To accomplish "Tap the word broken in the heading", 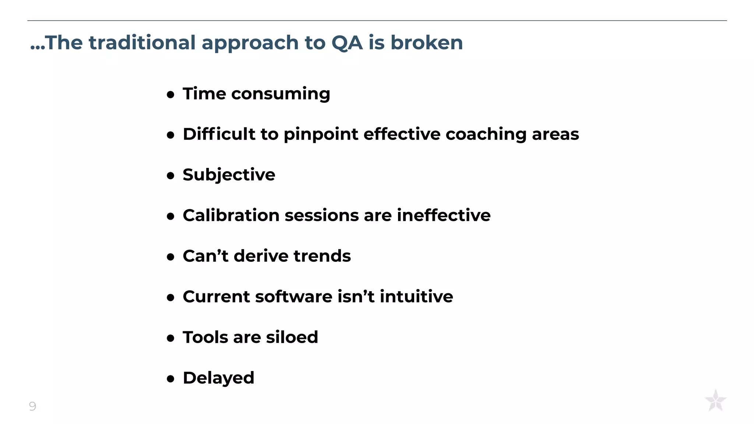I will pyautogui.click(x=426, y=43).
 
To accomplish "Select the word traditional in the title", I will pyautogui.click(x=142, y=43).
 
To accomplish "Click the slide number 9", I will pyautogui.click(x=32, y=406).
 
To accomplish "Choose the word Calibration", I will pyautogui.click(x=231, y=215).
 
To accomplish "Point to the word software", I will pyautogui.click(x=293, y=297).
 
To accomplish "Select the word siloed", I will pyautogui.click(x=292, y=338).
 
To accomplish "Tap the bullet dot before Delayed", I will pyautogui.click(x=170, y=379).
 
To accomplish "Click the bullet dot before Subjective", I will pyautogui.click(x=170, y=176).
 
